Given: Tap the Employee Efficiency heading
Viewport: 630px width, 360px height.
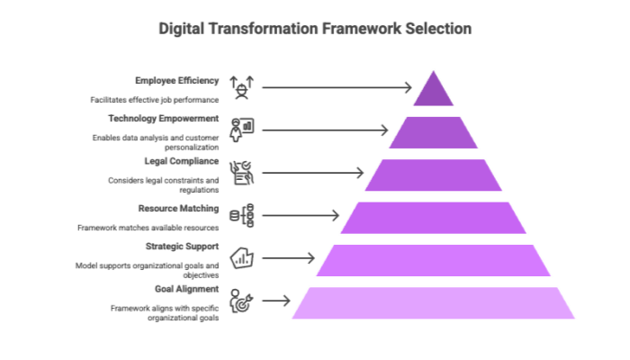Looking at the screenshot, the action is click(x=176, y=81).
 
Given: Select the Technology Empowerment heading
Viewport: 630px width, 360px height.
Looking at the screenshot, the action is click(x=163, y=119).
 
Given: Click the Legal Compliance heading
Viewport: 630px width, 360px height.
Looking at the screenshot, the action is click(x=182, y=161).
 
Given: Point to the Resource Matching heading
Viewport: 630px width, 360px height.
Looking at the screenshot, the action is click(x=178, y=209).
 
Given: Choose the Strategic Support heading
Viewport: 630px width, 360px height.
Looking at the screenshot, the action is click(x=182, y=247).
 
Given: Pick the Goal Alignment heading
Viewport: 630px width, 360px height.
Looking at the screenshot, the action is click(x=187, y=289).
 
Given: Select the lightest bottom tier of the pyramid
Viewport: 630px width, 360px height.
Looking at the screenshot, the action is click(x=434, y=303).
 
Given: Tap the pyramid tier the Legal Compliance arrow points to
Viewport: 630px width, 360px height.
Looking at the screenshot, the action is click(x=434, y=175).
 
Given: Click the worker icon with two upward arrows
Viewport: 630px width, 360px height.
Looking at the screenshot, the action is click(x=241, y=87).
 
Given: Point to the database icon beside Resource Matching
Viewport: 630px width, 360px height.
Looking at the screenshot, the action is click(x=241, y=215).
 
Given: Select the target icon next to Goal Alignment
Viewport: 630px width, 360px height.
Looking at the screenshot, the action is click(x=241, y=301).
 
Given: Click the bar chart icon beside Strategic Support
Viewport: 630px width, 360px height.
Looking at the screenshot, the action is click(x=241, y=258).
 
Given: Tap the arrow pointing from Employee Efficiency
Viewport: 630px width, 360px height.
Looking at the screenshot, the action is click(x=337, y=87).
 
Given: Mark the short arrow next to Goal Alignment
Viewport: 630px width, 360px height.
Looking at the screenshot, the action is click(x=276, y=301).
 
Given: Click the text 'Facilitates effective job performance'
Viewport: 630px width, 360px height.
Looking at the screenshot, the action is click(x=154, y=100).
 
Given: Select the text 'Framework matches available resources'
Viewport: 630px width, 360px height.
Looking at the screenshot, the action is click(x=148, y=228).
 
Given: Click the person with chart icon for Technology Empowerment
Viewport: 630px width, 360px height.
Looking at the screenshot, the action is click(x=241, y=130).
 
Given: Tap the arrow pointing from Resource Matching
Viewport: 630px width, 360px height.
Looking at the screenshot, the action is click(x=301, y=215).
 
